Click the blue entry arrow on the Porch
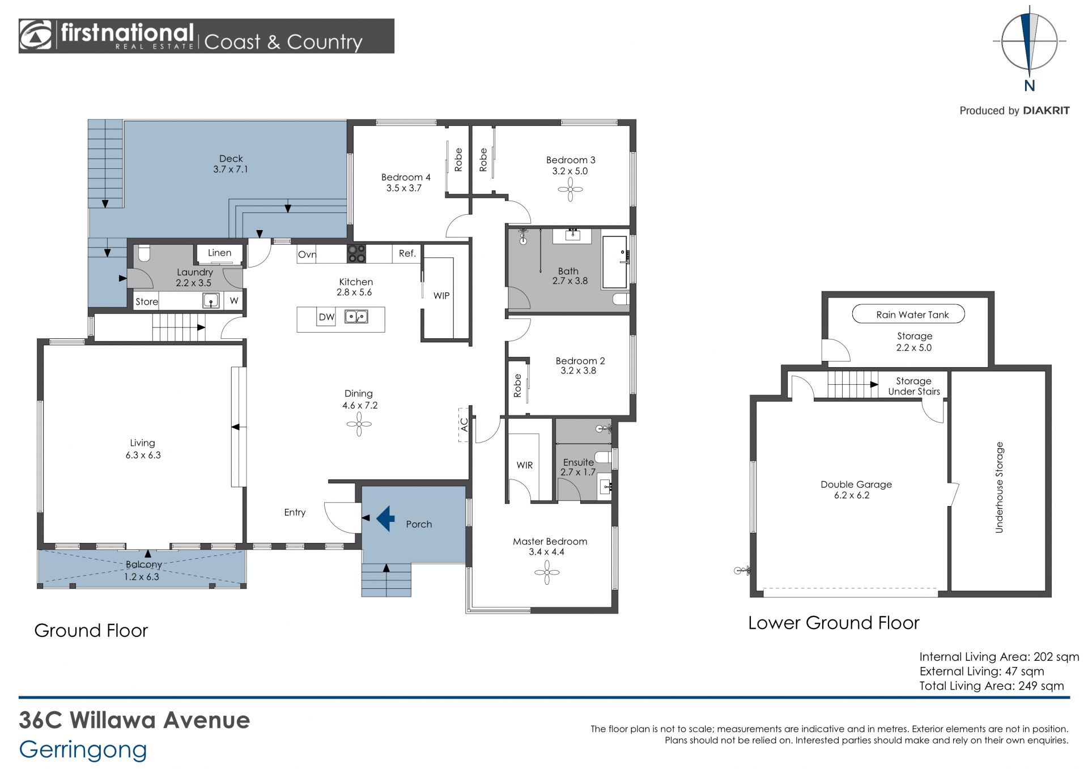(x=385, y=518)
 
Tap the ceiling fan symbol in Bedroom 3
(x=570, y=190)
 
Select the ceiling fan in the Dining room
(x=359, y=424)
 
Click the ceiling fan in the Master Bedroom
(x=547, y=572)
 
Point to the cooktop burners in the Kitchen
(x=356, y=253)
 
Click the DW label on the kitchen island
(x=326, y=317)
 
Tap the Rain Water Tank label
(x=912, y=315)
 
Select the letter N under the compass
(x=1030, y=86)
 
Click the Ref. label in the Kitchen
(x=407, y=253)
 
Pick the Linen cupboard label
(x=219, y=253)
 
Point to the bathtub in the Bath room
(x=615, y=262)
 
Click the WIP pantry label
(x=441, y=296)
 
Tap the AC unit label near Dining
(x=464, y=424)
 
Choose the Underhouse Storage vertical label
(x=999, y=487)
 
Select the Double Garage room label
(x=856, y=485)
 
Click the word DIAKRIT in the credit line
(x=1046, y=111)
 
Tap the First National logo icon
(x=36, y=36)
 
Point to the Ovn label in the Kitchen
(x=307, y=254)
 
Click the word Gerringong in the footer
(x=83, y=750)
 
